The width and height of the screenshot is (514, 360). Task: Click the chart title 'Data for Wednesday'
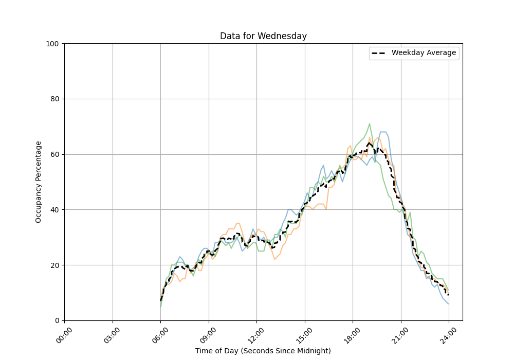point(263,36)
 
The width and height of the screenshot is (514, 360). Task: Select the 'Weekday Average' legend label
point(424,53)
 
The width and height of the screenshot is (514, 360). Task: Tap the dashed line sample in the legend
point(380,53)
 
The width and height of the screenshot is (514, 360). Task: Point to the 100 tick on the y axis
point(52,44)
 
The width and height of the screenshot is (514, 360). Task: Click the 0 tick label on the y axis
point(57,320)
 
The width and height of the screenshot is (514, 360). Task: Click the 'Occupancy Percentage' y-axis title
point(39,182)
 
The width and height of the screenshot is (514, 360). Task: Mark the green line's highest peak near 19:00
point(370,123)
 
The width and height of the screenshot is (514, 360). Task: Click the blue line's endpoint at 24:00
point(449,304)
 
